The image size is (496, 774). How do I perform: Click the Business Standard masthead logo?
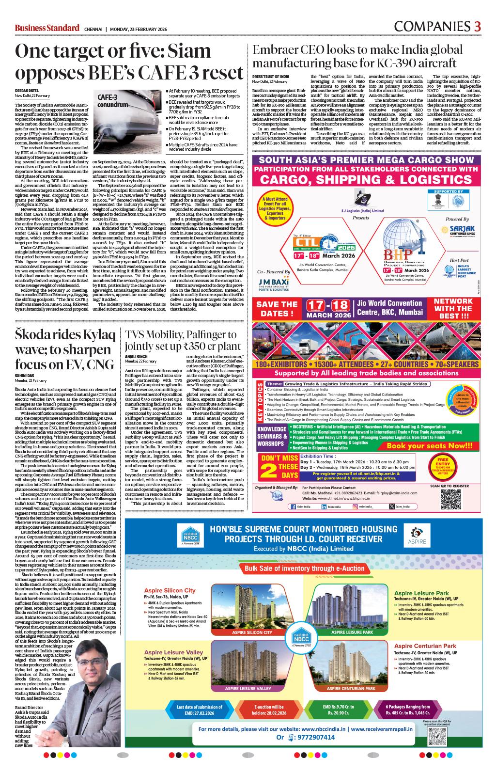click(x=46, y=28)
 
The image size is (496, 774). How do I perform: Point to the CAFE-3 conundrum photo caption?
click(x=113, y=100)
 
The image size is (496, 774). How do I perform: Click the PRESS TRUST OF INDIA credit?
click(x=271, y=77)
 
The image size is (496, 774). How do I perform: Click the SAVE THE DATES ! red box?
click(x=277, y=308)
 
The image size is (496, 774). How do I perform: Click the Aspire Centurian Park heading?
click(x=425, y=646)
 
